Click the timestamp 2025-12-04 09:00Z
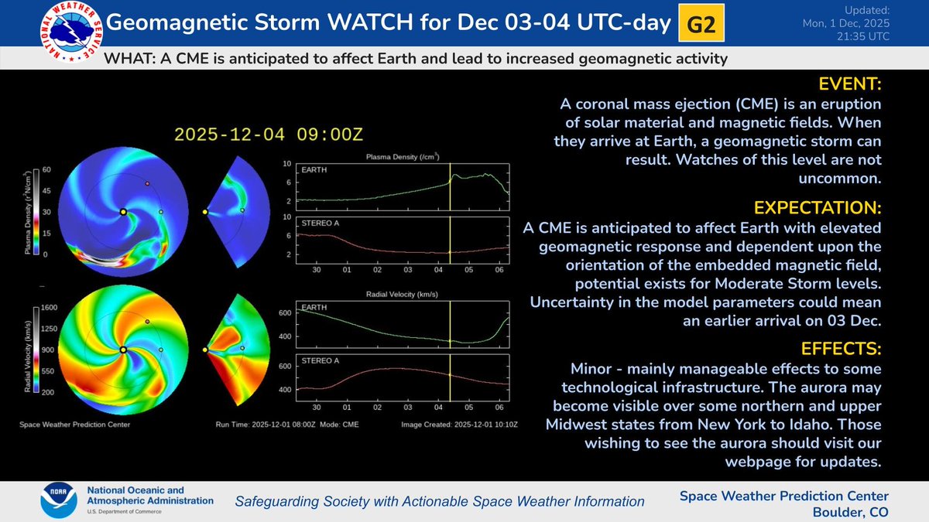(x=268, y=134)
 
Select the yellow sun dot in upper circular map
(x=123, y=211)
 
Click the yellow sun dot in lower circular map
(x=123, y=350)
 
